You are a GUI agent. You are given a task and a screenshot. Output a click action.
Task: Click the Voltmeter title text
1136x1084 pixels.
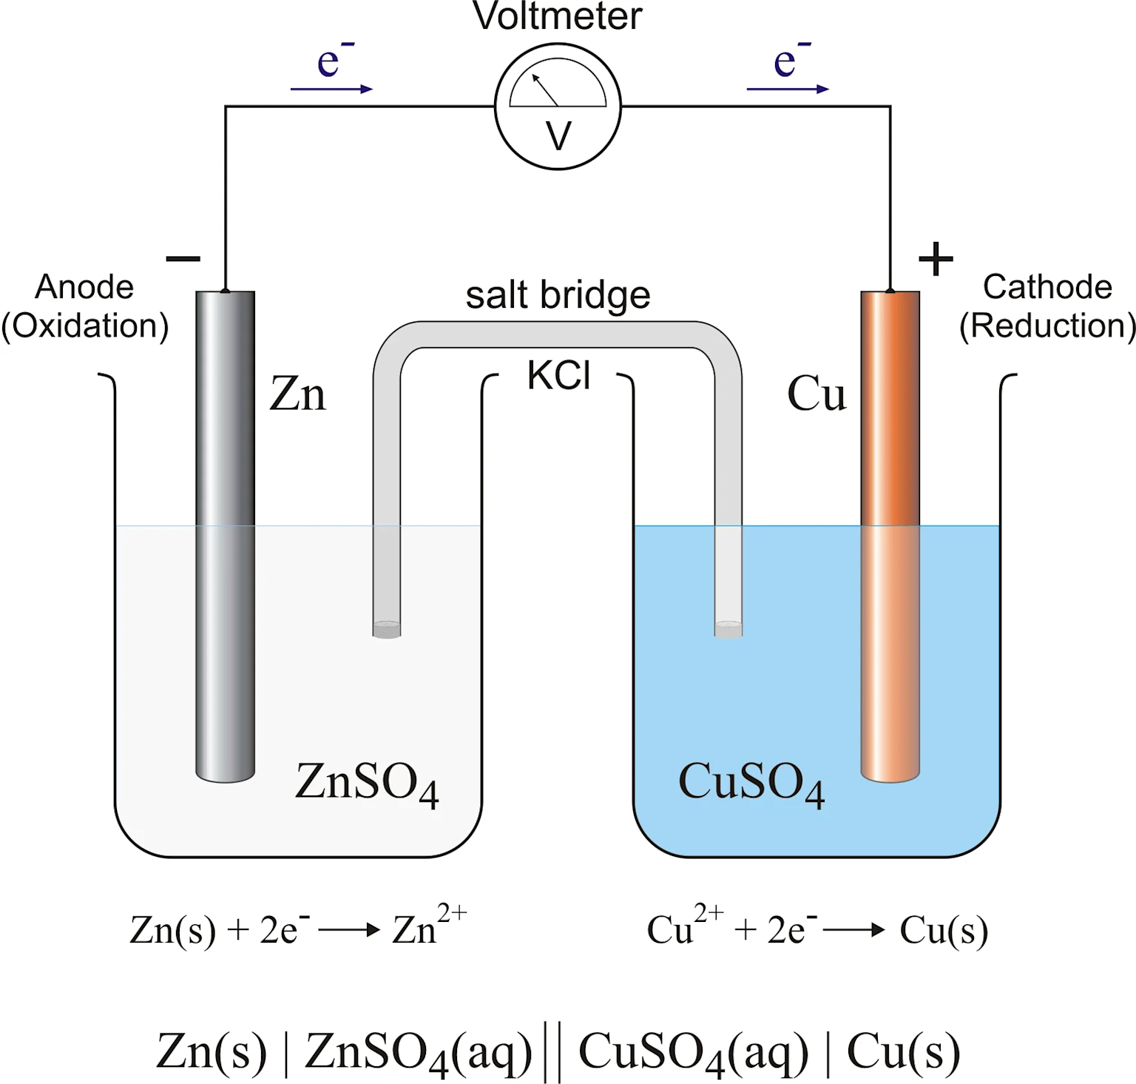click(x=557, y=16)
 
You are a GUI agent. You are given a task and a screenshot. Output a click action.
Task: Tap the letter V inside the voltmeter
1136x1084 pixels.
click(x=558, y=137)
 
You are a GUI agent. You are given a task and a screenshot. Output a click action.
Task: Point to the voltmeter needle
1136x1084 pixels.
click(x=546, y=90)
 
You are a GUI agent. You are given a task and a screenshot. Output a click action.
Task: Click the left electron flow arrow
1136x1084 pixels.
click(x=331, y=89)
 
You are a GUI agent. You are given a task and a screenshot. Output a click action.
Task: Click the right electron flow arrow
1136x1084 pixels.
click(x=788, y=89)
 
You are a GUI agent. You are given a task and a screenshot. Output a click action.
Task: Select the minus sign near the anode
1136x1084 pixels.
click(x=183, y=258)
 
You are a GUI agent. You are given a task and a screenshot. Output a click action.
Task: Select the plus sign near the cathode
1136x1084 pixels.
click(x=936, y=259)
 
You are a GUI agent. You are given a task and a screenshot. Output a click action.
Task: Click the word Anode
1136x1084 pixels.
click(x=84, y=287)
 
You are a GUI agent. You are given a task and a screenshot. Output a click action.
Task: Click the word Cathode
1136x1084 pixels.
click(x=1047, y=287)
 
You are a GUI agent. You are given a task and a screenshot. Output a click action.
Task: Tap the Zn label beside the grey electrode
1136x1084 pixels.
click(x=297, y=394)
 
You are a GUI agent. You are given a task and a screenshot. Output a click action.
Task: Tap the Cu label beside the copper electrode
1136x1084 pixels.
click(x=816, y=394)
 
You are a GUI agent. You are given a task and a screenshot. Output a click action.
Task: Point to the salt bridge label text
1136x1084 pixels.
click(x=558, y=295)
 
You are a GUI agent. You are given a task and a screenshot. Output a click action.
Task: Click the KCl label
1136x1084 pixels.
click(x=558, y=376)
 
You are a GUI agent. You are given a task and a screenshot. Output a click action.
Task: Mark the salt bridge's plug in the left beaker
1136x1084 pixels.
click(x=386, y=630)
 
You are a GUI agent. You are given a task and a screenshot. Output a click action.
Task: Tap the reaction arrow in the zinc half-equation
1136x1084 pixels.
click(x=348, y=930)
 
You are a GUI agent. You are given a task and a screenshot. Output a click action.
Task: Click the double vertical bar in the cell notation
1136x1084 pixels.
click(x=551, y=1051)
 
